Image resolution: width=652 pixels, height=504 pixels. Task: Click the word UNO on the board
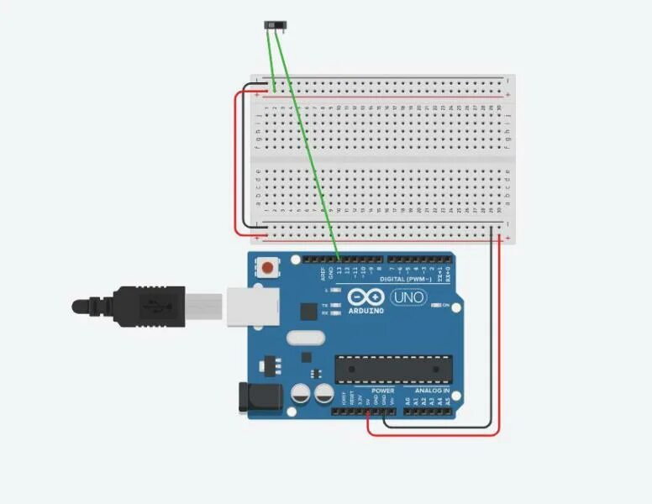point(408,297)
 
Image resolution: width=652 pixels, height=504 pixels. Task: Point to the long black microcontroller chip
point(393,367)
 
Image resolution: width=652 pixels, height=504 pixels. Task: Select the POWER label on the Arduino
point(382,391)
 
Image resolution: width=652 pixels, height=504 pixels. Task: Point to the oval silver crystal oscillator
point(303,339)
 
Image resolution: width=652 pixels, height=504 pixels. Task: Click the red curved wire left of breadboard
point(235,160)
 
